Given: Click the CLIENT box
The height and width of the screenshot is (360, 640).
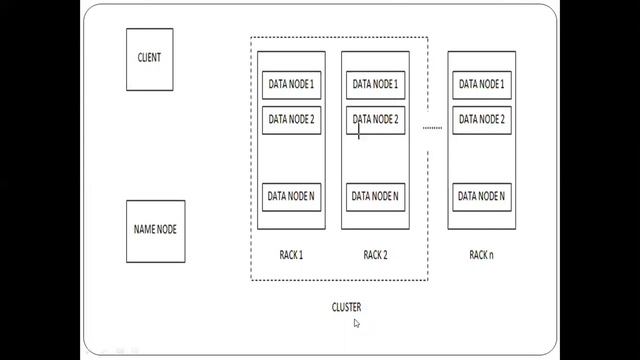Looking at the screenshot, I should point(149,57).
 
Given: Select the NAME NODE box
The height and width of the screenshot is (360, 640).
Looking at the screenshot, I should point(155,230).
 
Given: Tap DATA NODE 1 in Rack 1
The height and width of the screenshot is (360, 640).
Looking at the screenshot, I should point(291,85).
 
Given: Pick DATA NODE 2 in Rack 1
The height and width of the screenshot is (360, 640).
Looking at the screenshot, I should point(291,120).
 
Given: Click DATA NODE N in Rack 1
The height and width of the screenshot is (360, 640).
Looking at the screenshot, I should point(291,196).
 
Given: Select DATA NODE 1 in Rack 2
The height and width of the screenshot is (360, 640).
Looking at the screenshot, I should point(375,85).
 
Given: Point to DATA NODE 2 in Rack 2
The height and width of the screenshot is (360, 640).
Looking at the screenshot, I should point(375,120).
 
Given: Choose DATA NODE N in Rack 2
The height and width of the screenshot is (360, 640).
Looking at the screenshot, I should point(375,196).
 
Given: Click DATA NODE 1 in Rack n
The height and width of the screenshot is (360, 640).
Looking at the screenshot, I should point(481,85).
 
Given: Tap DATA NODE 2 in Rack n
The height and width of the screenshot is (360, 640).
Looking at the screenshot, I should point(481,120).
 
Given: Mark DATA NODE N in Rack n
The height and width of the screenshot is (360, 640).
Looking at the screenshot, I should point(481,196).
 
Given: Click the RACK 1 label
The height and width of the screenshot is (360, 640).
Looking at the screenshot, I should point(291,255).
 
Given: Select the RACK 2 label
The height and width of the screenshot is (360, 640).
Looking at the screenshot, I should point(375,255).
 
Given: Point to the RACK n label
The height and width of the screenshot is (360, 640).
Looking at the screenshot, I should point(481,255).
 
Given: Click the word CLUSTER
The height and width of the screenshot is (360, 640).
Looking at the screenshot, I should point(346,307).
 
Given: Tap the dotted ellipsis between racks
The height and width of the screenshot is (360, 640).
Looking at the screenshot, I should point(432,128).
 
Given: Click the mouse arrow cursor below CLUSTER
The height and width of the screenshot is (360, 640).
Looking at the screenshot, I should point(357,323).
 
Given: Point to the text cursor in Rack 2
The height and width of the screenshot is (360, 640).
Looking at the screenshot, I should point(359,129).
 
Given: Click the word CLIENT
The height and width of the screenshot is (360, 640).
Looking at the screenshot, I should point(149,57).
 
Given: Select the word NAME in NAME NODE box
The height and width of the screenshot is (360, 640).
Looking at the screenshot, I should point(143,230).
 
